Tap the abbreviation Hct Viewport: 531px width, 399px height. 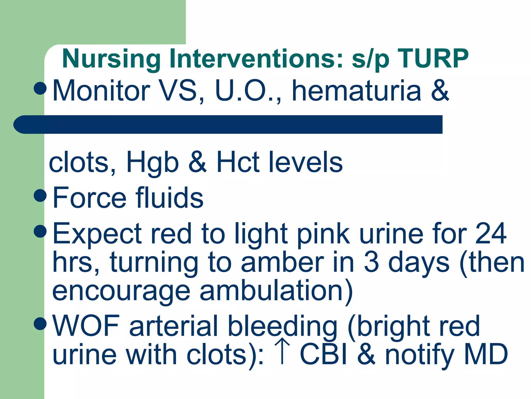tap(238, 162)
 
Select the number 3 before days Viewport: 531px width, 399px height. tap(371, 262)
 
